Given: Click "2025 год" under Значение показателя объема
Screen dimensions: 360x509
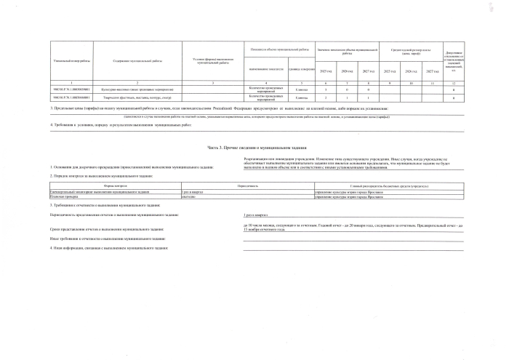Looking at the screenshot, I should [x=327, y=71].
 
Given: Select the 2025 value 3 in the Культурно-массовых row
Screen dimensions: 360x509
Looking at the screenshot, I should [x=327, y=89].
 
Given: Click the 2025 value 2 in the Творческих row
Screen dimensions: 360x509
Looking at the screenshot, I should [x=327, y=97].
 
